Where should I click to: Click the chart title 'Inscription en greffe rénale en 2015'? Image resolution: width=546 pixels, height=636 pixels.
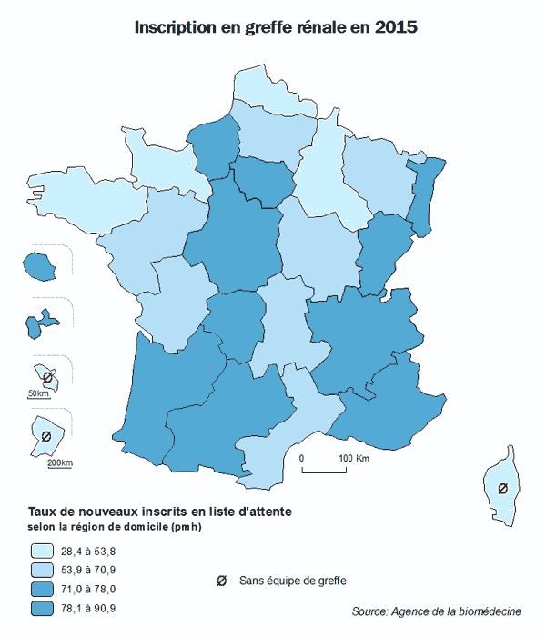point(276,27)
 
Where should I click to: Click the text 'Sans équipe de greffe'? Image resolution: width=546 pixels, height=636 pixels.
point(293,580)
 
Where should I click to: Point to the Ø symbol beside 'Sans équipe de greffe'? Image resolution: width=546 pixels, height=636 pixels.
point(220,580)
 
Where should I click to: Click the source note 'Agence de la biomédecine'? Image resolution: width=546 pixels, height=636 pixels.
point(456,610)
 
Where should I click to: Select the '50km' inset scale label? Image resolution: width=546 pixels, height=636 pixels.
point(37,393)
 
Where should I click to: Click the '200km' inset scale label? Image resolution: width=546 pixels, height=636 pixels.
point(59,463)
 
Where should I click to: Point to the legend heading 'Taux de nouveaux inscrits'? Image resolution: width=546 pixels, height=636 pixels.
point(160,512)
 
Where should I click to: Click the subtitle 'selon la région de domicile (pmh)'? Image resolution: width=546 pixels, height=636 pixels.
point(115,528)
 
